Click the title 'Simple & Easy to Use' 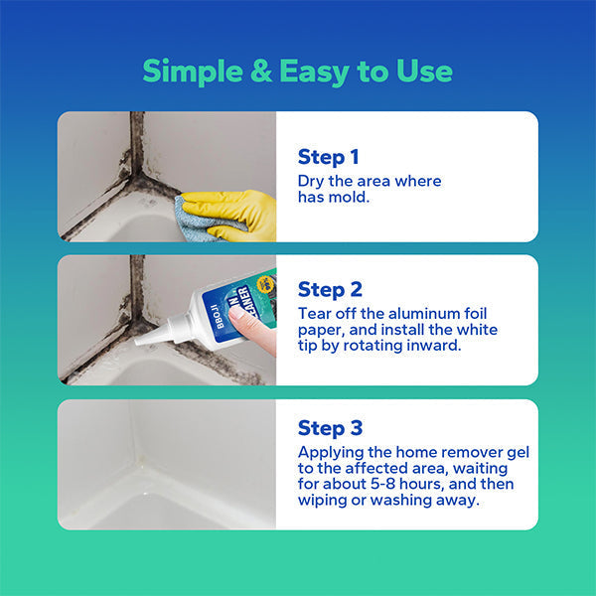(297, 72)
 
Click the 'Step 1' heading (328, 156)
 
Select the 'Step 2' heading (329, 289)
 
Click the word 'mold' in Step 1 (353, 197)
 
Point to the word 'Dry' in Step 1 (312, 181)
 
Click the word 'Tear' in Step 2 (315, 313)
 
